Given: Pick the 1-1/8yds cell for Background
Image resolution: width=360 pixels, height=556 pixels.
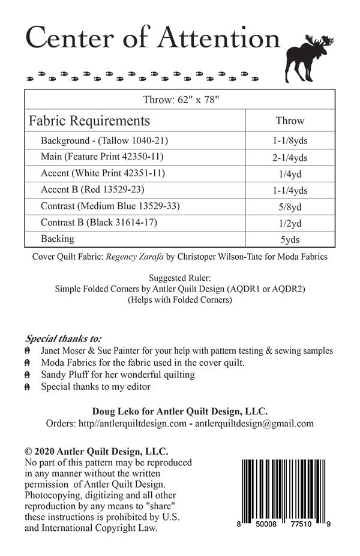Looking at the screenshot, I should coord(290,141).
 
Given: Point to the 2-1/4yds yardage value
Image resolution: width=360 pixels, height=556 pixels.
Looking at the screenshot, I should coord(290,158).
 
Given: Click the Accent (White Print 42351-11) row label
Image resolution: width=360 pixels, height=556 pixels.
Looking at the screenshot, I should coord(103,173).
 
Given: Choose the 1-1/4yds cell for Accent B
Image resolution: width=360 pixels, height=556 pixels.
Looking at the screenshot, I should coord(290,190).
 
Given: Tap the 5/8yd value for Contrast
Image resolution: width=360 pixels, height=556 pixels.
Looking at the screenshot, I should coord(290,207).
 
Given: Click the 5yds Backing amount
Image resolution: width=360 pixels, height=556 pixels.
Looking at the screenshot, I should coord(290,239).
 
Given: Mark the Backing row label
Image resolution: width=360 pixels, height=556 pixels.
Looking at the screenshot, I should coord(58,239).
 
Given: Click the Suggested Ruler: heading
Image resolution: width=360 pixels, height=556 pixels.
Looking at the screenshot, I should coord(180,278).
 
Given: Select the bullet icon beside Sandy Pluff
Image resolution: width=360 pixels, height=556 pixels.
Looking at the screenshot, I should coord(28,375).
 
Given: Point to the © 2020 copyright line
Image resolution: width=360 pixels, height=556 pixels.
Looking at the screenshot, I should coord(97,452).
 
